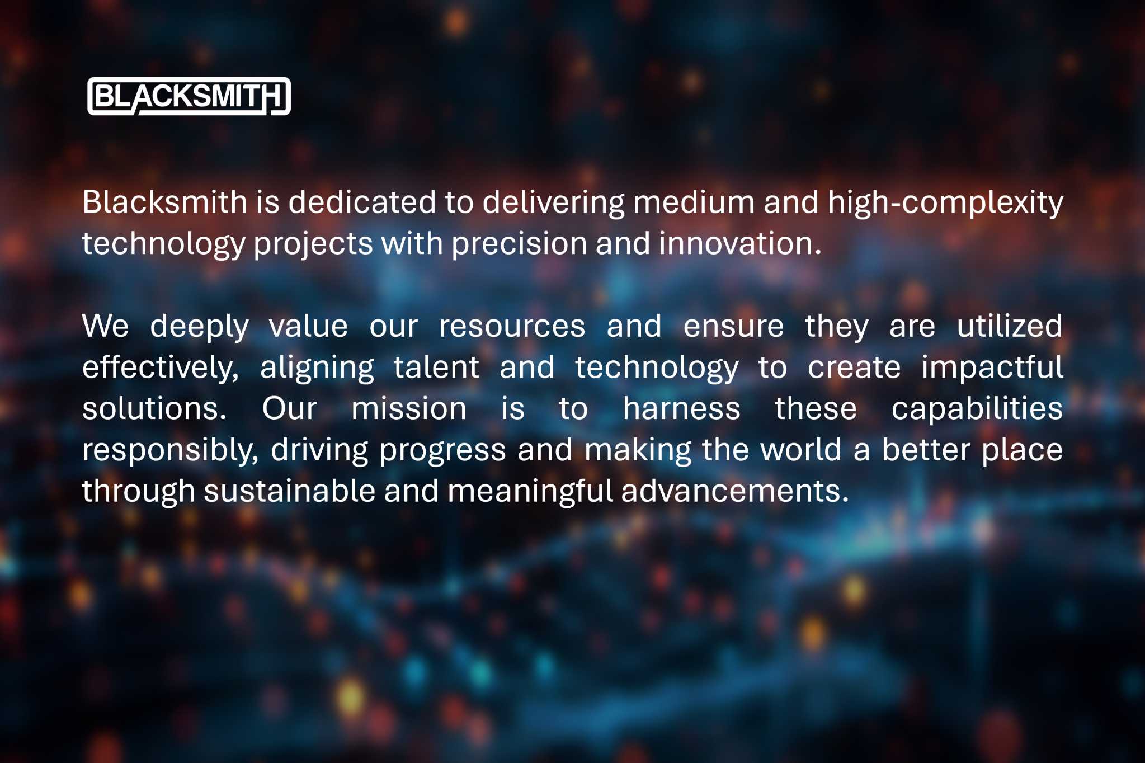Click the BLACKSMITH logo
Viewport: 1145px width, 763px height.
189,96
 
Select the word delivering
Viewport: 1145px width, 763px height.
554,202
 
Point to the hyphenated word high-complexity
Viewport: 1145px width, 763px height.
945,202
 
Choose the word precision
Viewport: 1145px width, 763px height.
519,244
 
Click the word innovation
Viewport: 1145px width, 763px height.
739,243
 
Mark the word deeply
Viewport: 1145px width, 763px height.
199,327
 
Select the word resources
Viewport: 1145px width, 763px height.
512,327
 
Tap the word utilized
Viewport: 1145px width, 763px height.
1010,326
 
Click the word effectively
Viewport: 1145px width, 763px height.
161,368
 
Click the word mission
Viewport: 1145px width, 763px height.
408,408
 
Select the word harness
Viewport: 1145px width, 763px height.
681,408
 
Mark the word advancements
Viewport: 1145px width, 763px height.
735,491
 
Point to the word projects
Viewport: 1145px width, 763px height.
313,244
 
